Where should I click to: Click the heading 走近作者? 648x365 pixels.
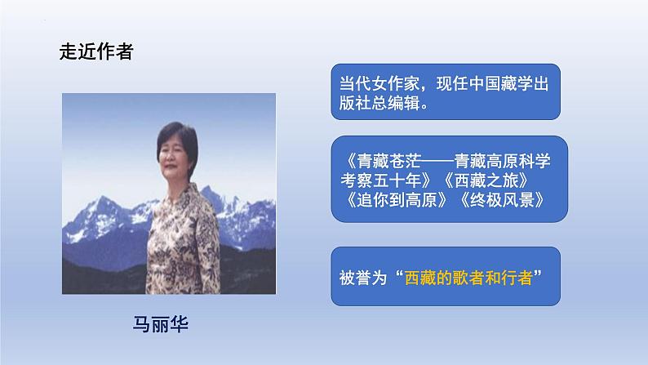(96, 51)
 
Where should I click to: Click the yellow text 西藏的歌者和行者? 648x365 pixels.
(468, 276)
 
